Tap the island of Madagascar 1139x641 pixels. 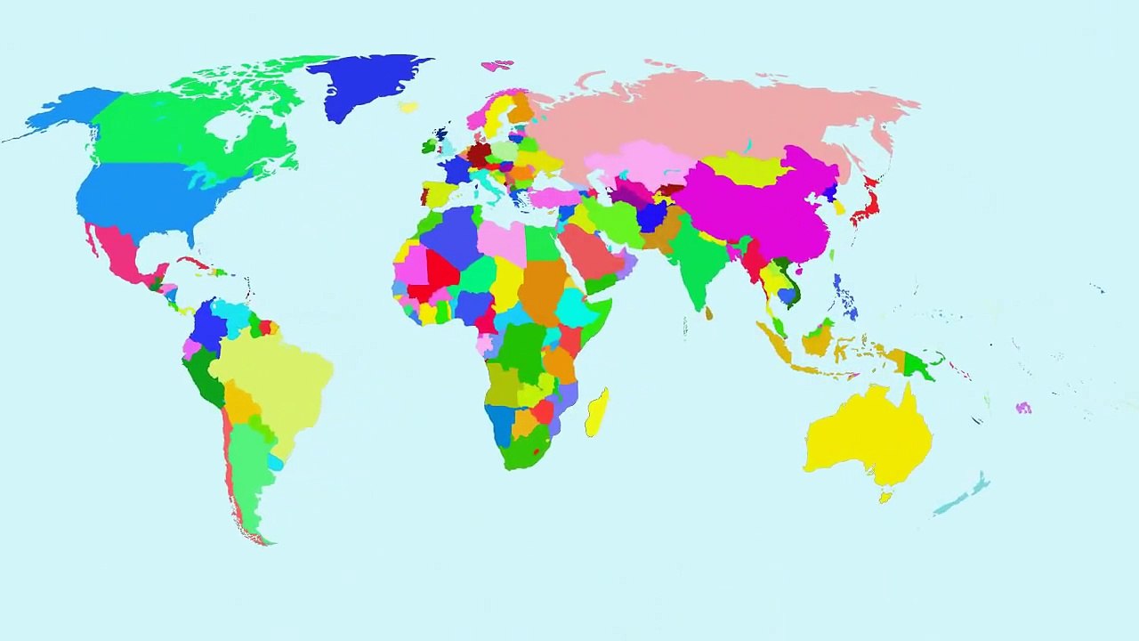click(x=597, y=412)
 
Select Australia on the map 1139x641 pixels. click(x=868, y=436)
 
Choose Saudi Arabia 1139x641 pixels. click(x=592, y=254)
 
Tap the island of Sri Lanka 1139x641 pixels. click(x=708, y=313)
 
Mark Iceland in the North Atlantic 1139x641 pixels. click(x=408, y=107)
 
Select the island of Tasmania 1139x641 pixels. click(x=885, y=498)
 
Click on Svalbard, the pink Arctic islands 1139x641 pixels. click(x=497, y=65)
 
